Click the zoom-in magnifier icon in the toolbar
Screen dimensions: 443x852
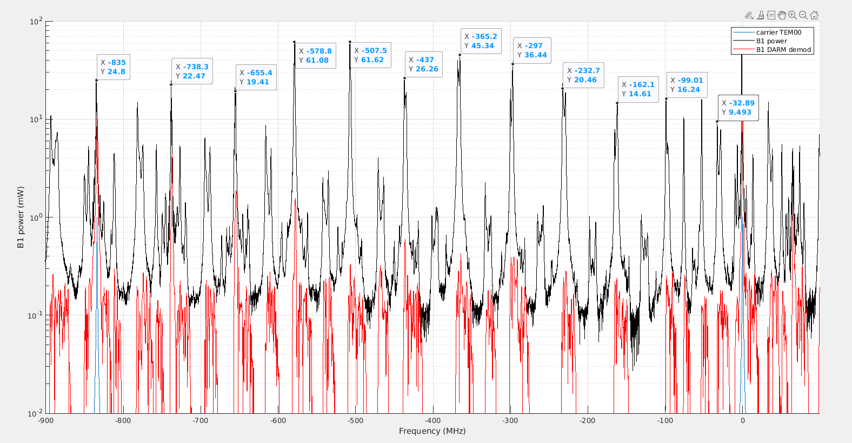793,15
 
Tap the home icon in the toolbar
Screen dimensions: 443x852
814,15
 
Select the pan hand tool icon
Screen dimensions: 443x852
782,15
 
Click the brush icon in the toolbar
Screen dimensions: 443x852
761,15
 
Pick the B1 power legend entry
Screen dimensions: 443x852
771,41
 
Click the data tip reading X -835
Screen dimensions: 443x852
114,67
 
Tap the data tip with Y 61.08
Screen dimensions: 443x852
315,56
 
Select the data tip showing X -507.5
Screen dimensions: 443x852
370,55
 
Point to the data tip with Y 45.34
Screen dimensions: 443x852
480,41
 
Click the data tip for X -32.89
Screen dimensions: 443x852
738,108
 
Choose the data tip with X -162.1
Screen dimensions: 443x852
638,89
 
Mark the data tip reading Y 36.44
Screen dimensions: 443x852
532,50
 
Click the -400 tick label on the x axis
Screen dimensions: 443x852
432,420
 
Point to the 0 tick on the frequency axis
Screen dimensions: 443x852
742,420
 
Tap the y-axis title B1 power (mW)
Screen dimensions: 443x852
21,217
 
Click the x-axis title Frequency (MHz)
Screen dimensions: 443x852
432,431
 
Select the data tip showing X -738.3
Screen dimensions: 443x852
192,71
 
